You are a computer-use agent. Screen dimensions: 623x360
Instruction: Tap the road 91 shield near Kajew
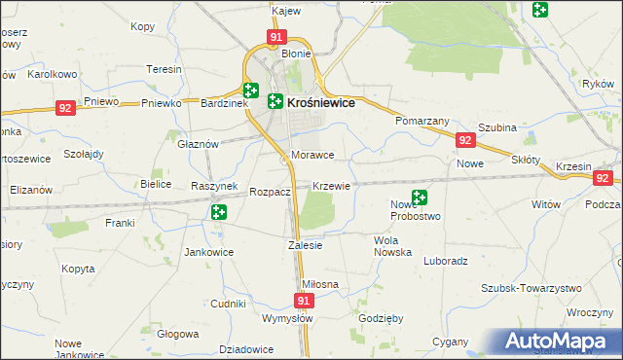coord(276,37)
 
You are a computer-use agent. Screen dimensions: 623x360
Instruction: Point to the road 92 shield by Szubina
coord(464,141)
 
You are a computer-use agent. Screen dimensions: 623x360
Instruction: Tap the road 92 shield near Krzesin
coord(603,178)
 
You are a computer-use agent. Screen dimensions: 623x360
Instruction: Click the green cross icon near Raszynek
coord(219,211)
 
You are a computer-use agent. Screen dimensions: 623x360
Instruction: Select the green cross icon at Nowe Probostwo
coord(420,198)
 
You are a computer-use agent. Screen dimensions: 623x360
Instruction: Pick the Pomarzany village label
coord(421,120)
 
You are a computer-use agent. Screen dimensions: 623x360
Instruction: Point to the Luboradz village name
coord(447,261)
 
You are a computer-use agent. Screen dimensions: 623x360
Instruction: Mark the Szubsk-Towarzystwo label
coord(531,288)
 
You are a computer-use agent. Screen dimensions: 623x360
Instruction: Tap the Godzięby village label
coord(380,318)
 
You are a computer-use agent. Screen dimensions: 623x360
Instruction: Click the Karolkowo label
coord(53,74)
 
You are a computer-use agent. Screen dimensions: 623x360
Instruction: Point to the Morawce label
coord(312,155)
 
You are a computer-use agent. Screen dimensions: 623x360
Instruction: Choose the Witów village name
coord(546,205)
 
